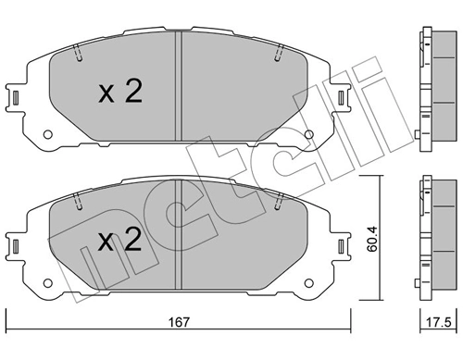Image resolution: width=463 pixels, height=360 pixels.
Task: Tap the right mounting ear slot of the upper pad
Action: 341,96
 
